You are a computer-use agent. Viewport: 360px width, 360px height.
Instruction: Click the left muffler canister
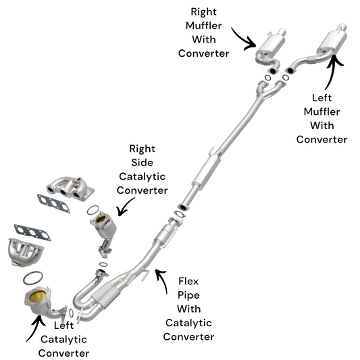click(x=332, y=41)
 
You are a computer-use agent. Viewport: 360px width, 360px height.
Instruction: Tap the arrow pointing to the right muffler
click(x=245, y=40)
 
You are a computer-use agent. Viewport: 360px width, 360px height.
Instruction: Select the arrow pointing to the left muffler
click(x=332, y=72)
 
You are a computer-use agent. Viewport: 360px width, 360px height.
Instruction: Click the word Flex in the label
click(x=188, y=281)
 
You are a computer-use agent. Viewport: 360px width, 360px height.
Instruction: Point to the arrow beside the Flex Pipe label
click(x=163, y=280)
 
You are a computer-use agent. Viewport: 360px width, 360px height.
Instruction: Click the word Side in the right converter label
click(x=142, y=163)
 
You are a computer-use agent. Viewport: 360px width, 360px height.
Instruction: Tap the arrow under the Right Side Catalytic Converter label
click(x=125, y=207)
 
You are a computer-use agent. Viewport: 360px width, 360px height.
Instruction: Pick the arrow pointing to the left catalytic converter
click(x=36, y=327)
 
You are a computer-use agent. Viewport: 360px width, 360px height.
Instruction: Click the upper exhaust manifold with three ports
click(x=70, y=188)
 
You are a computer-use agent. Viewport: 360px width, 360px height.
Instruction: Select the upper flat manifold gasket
click(x=53, y=204)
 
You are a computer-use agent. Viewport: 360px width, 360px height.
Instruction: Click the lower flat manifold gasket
click(x=32, y=232)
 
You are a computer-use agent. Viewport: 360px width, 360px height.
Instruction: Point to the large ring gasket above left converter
click(x=33, y=278)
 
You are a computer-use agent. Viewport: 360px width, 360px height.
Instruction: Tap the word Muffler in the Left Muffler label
click(x=322, y=112)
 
